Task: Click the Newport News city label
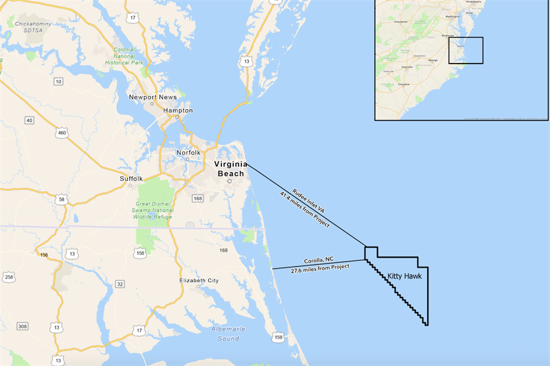pos(152,97)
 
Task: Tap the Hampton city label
pos(178,110)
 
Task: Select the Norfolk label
pos(188,152)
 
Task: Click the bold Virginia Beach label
pos(230,169)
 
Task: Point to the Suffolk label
pos(131,179)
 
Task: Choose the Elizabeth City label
pos(198,281)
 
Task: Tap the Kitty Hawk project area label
pos(403,275)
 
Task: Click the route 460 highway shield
pos(62,133)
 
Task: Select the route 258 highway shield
pos(8,277)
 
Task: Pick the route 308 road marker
pos(22,327)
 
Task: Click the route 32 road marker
pos(119,284)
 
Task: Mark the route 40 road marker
pos(29,120)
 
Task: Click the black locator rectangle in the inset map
pos(466,50)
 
